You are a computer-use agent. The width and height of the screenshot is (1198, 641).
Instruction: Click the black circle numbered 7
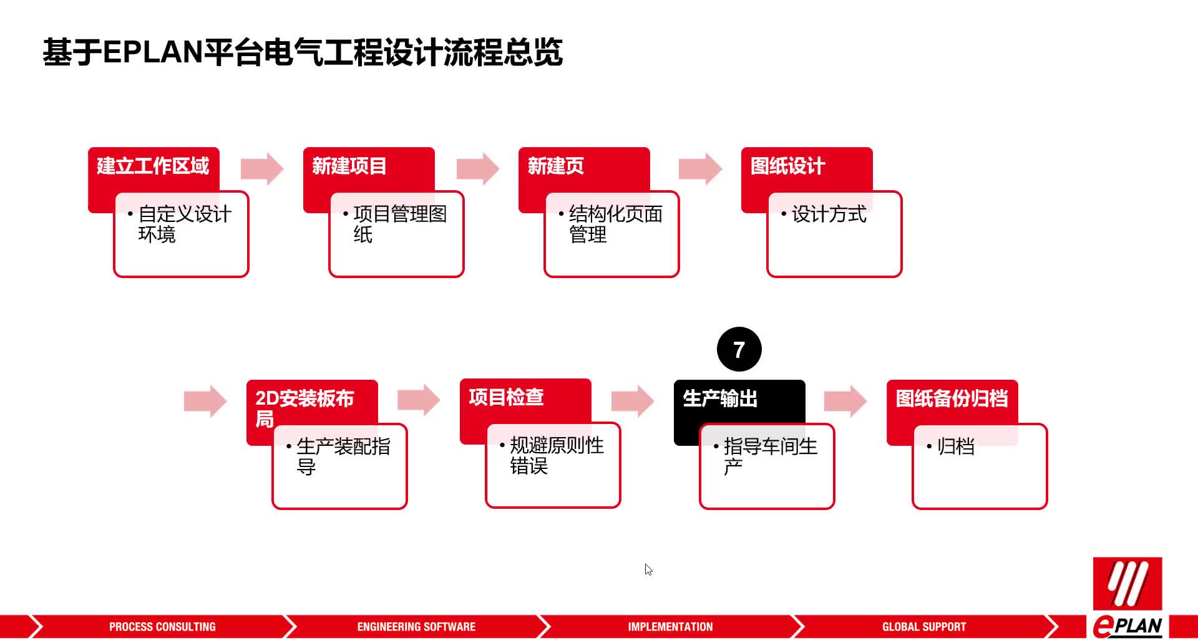coord(739,349)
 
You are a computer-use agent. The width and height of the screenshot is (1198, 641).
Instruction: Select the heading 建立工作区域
coord(153,166)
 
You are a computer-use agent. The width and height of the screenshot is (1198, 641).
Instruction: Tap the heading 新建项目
coord(349,166)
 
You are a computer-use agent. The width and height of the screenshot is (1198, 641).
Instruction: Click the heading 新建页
coord(555,166)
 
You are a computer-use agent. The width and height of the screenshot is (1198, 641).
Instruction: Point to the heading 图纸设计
coord(787,166)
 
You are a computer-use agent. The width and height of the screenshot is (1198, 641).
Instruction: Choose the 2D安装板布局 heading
coord(304,408)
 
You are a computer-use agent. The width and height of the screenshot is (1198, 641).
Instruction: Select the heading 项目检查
coord(506,397)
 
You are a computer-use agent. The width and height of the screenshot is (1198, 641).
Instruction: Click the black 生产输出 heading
coord(720,398)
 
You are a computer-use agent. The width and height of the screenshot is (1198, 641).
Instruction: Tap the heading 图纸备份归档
coord(952,398)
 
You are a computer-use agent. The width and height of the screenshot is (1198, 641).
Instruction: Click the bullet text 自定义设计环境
coord(185,224)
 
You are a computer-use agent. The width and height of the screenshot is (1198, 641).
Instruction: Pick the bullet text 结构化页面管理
coord(615,224)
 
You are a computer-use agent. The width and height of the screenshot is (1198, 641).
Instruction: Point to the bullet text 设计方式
coord(829,214)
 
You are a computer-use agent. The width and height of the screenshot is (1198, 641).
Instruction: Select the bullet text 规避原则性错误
coord(557,456)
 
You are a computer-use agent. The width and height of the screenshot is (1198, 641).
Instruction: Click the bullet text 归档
coord(955,446)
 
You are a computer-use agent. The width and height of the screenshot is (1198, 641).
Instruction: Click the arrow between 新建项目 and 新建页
coord(478,168)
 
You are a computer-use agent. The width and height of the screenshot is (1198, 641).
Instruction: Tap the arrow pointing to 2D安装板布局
coord(205,401)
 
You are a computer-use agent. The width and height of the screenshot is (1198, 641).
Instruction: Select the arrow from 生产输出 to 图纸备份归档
coord(845,401)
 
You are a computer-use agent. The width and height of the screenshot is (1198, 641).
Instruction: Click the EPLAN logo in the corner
coord(1127,597)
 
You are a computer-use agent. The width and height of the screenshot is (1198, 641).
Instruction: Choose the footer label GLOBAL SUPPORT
coord(924,627)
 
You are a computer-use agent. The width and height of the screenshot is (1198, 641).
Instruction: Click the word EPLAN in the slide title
coord(153,52)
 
